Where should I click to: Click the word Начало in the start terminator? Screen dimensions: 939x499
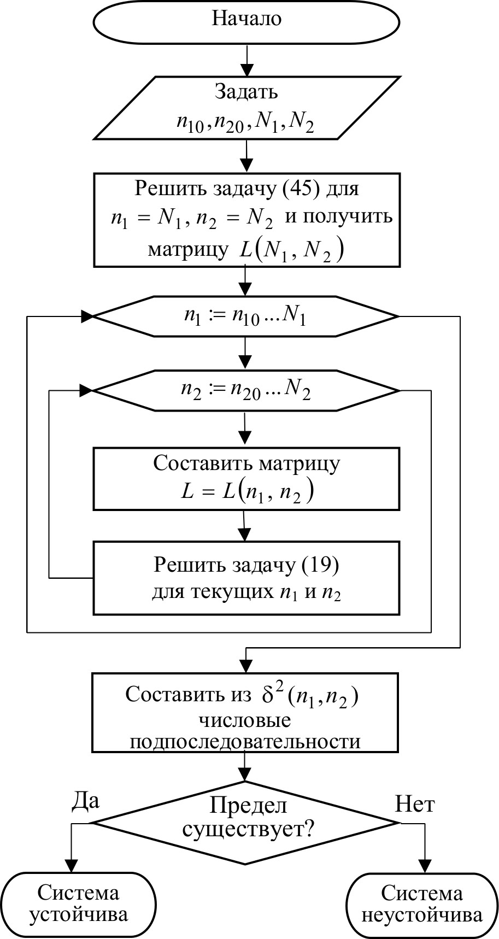click(246, 19)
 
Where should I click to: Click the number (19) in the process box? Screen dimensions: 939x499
click(320, 565)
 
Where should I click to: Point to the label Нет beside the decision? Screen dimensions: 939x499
click(415, 805)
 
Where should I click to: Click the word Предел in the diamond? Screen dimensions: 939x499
click(248, 805)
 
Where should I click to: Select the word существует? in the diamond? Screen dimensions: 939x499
click(248, 830)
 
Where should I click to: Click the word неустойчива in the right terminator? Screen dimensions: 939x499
click(422, 915)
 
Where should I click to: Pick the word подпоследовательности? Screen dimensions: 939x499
click(244, 742)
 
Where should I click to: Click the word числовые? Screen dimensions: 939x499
click(244, 720)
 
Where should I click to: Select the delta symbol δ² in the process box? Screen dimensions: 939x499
click(271, 695)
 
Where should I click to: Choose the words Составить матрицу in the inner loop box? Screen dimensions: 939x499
click(246, 463)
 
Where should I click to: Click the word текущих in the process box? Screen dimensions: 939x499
click(231, 592)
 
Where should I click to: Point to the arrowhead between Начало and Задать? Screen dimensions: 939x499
click(247, 69)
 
